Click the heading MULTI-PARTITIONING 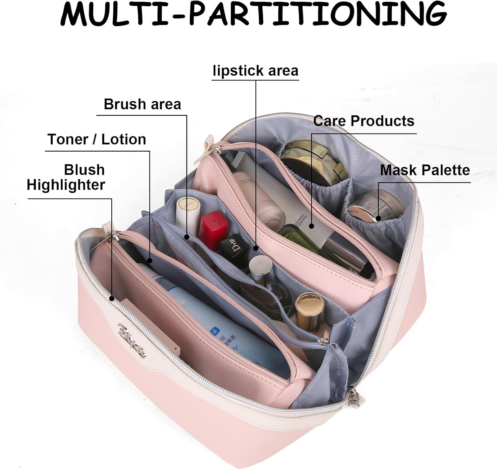pos(253,15)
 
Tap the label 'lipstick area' pos(255,71)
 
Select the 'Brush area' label pos(142,104)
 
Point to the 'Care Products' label pos(364,121)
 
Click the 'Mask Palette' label pos(425,170)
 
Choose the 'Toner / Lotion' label pos(97,139)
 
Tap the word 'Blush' pos(84,170)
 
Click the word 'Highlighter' pos(66,185)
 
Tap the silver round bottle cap pos(260,267)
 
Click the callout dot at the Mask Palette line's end pos(379,219)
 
